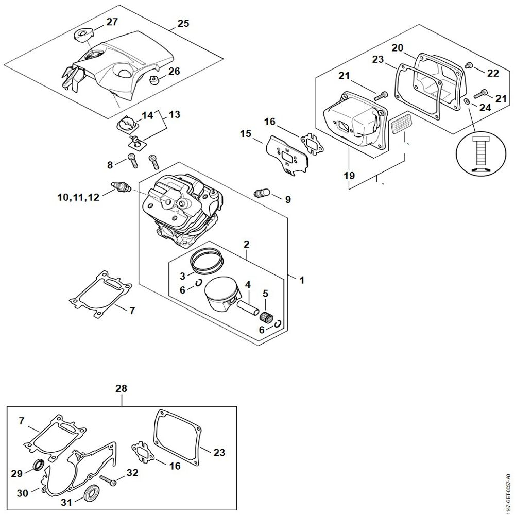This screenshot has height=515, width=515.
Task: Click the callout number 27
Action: (112, 22)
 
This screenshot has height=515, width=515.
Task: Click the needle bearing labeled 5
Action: (266, 316)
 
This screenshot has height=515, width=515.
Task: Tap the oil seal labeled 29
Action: (38, 467)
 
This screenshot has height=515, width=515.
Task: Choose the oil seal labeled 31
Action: (93, 491)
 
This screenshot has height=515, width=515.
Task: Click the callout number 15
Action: (246, 134)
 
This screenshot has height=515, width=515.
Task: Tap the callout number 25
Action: (183, 23)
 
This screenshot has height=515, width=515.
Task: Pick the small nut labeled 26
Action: (153, 81)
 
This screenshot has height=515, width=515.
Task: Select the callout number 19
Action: (350, 176)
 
